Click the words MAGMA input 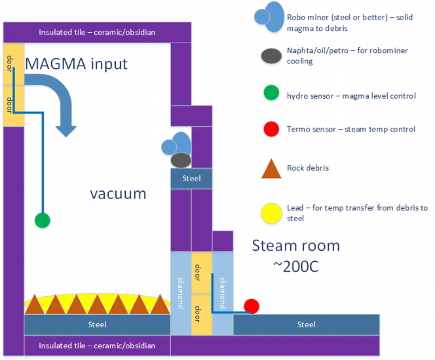click(x=76, y=64)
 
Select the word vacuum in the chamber click(x=118, y=194)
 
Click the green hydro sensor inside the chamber click(x=43, y=220)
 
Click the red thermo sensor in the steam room click(x=252, y=306)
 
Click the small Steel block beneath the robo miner click(x=191, y=178)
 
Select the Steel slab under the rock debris click(x=96, y=325)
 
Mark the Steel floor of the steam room click(x=306, y=325)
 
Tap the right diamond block click(x=223, y=293)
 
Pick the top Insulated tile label click(x=97, y=32)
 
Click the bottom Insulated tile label click(x=97, y=346)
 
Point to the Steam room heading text click(x=296, y=246)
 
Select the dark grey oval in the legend click(x=270, y=57)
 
